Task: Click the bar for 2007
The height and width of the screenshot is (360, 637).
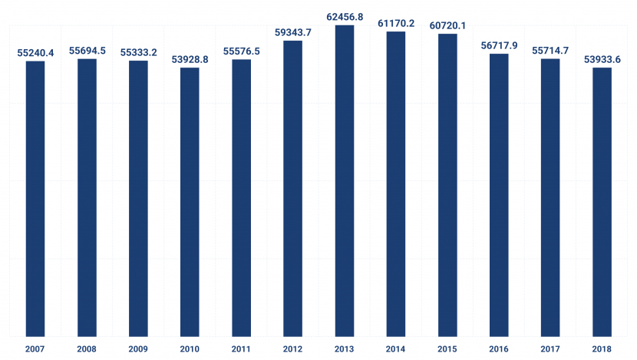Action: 35,199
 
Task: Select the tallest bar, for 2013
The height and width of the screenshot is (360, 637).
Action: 345,181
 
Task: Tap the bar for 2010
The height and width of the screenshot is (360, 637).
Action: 190,202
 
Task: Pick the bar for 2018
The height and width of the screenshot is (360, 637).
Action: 602,202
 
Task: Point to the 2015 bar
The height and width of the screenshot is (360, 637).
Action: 447,185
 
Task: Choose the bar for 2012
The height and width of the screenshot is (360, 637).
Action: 293,189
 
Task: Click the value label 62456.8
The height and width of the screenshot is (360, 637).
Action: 345,17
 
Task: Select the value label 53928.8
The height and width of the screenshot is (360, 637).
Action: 190,60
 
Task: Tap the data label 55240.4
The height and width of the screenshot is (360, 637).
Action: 35,53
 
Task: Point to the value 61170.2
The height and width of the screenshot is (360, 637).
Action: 396,24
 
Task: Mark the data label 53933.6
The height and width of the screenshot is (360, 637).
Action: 602,60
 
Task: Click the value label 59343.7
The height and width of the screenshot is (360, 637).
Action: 293,32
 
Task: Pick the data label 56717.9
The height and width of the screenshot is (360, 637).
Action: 499,45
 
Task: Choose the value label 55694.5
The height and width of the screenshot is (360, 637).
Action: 87,51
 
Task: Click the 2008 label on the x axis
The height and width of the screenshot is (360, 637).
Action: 87,349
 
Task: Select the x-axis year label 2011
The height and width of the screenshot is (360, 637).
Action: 241,349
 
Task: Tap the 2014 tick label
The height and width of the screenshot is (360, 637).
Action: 396,349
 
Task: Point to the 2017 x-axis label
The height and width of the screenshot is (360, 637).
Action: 550,349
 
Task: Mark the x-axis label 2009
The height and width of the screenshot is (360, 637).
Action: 138,349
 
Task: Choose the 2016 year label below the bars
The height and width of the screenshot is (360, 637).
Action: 499,349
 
